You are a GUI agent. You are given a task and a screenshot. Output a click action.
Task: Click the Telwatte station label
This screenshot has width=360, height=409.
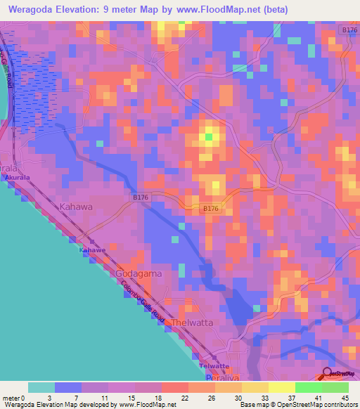(x=214, y=366)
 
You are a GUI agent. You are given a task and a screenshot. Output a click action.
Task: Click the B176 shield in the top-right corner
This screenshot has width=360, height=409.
(x=349, y=30)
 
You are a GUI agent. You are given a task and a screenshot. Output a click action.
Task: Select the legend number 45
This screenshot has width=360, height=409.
(x=345, y=397)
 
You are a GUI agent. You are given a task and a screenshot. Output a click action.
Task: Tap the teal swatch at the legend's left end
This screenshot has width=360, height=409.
(x=41, y=387)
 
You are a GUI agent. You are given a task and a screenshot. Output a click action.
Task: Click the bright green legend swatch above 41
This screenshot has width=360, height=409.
(x=307, y=387)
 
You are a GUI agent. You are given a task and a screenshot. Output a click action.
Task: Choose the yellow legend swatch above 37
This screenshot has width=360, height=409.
(x=281, y=387)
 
